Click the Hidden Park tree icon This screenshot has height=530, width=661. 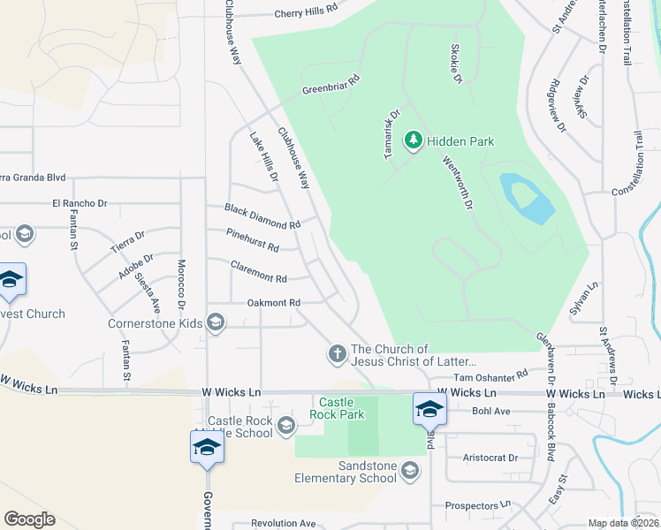413,140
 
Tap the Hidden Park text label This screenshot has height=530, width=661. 460,141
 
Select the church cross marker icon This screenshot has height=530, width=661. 337,354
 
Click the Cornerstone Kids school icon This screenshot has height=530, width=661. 215,322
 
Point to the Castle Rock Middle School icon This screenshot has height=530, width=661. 285,427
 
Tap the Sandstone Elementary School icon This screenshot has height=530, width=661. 410,471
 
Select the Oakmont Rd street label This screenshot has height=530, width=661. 269,303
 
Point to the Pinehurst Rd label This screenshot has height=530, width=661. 253,238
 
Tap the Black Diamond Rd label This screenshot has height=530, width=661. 262,216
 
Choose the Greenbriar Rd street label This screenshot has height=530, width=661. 332,86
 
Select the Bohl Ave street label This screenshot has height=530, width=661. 491,411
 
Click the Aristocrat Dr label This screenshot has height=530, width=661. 490,458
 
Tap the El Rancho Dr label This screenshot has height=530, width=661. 80,203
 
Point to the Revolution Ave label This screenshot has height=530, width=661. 283,523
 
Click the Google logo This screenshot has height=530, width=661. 29,519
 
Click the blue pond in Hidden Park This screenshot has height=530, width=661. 527,200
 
